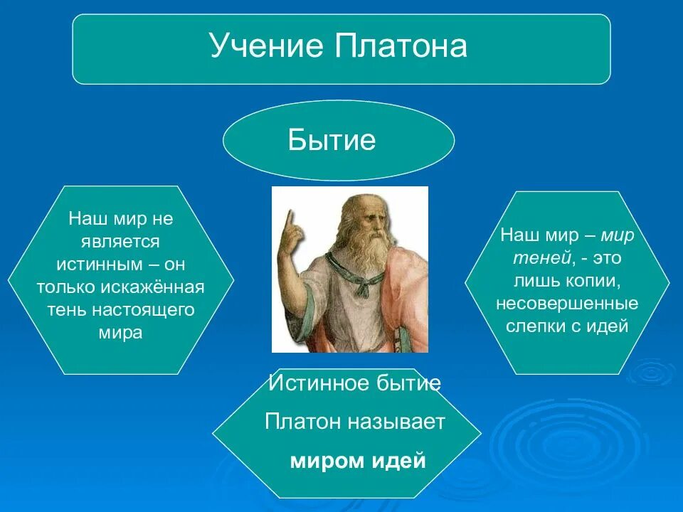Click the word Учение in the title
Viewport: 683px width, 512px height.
pyautogui.click(x=267, y=46)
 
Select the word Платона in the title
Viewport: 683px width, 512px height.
pyautogui.click(x=401, y=46)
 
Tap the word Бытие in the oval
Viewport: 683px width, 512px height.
pyautogui.click(x=332, y=139)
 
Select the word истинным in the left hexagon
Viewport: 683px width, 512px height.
pyautogui.click(x=100, y=265)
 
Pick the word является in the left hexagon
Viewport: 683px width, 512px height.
pyautogui.click(x=120, y=242)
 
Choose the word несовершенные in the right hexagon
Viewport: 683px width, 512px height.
pyautogui.click(x=567, y=304)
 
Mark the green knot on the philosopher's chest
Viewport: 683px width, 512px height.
pyautogui.click(x=362, y=288)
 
